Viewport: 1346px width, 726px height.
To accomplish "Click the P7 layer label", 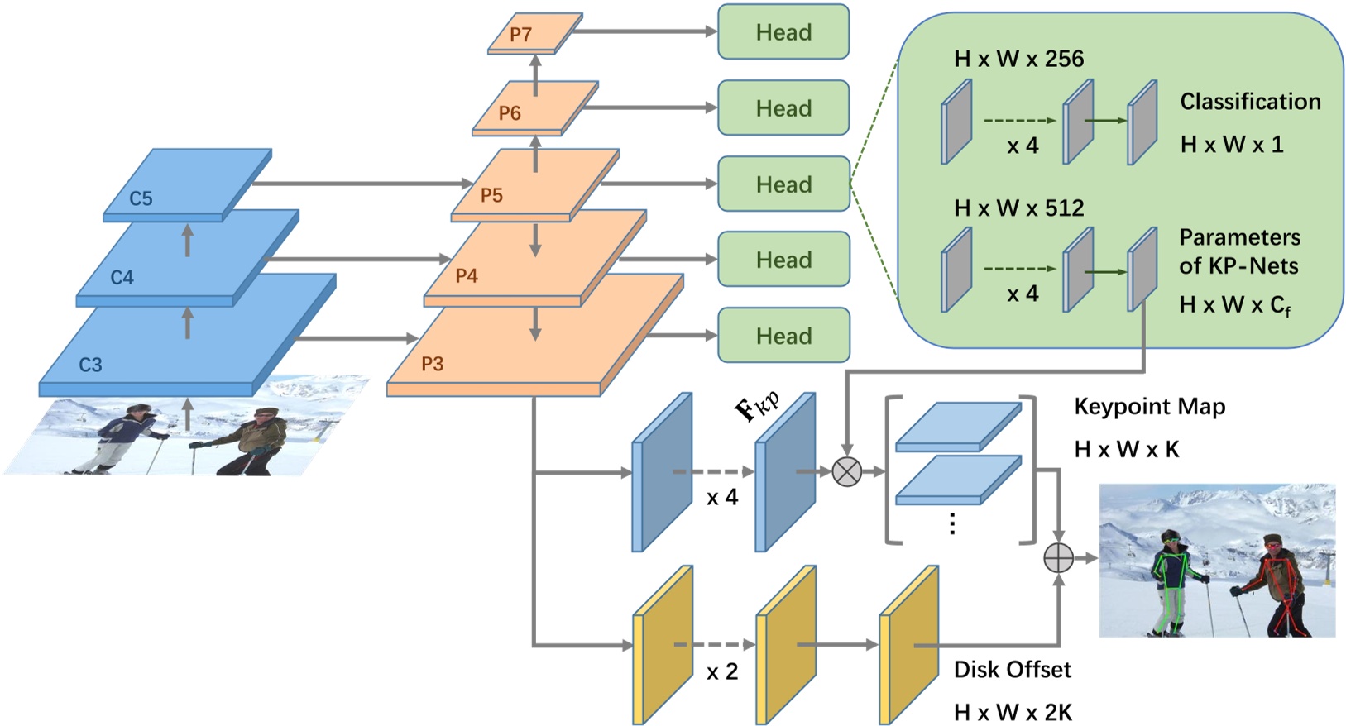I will (520, 35).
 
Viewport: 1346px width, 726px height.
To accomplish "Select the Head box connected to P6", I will (783, 108).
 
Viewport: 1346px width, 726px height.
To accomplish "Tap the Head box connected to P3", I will (783, 336).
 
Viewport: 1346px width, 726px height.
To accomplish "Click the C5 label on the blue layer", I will (141, 198).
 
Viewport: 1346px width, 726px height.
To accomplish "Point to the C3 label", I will (90, 365).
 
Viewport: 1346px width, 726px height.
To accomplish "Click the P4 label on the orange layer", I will (467, 276).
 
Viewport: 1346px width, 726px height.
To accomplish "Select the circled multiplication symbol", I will (846, 472).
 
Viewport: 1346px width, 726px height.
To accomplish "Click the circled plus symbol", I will (1058, 558).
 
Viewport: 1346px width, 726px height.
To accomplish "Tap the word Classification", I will (1249, 102).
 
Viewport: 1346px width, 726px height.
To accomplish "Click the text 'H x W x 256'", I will (1018, 59).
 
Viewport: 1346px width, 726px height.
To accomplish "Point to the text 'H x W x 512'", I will (1018, 208).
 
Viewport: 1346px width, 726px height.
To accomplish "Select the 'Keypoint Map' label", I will (1149, 407).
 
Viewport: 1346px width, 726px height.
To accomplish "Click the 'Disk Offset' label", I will (1012, 670).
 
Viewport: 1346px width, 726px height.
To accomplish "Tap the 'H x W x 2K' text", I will (1012, 712).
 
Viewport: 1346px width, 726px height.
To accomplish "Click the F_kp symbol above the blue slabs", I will (756, 406).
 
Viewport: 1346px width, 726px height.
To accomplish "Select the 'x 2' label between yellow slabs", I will (722, 672).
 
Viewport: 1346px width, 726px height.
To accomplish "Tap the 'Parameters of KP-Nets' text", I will (1238, 251).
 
